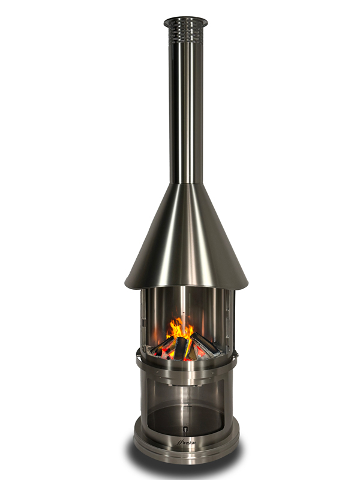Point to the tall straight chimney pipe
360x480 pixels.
(185, 108)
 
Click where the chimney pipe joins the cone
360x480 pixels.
(185, 184)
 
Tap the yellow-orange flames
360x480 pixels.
(181, 329)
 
